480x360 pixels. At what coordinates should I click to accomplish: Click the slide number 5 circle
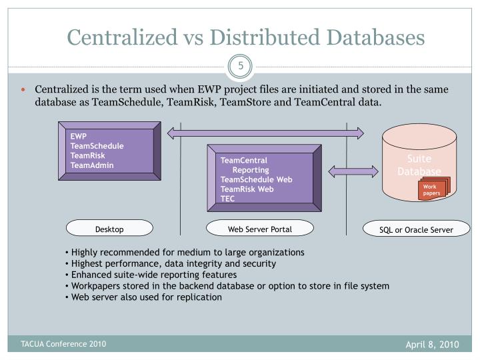[239, 67]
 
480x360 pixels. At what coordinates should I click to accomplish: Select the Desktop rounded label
[109, 229]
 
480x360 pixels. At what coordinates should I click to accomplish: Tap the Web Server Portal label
[260, 229]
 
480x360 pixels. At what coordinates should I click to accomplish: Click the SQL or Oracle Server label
[417, 229]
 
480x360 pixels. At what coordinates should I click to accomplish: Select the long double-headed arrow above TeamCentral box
[266, 134]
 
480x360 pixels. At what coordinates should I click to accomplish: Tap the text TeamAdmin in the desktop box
[92, 165]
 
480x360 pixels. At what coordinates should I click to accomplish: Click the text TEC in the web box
[228, 198]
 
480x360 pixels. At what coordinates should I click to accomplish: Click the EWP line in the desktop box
[79, 137]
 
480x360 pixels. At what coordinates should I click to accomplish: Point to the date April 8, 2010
[433, 345]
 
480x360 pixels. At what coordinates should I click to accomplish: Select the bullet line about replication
[146, 297]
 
